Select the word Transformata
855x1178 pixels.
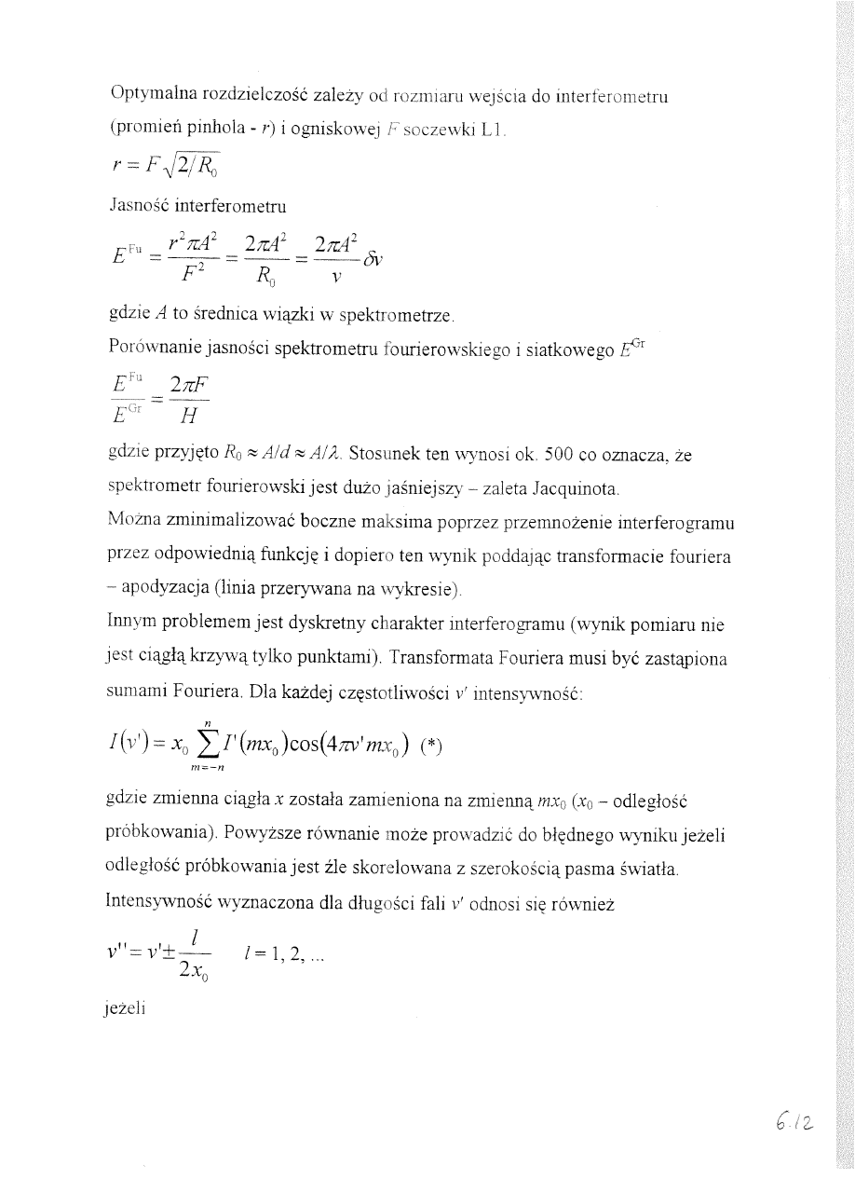pos(436,657)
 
